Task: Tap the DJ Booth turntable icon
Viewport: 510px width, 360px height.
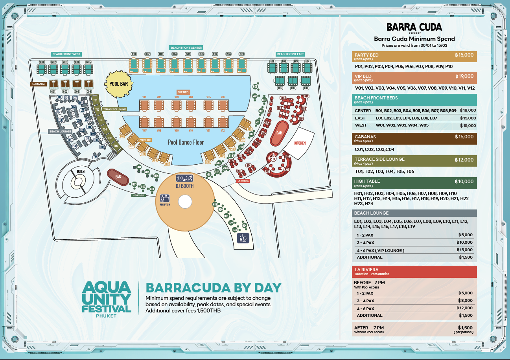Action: [184, 178]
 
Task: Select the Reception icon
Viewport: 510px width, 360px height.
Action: [164, 198]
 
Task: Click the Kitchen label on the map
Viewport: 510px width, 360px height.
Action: [300, 143]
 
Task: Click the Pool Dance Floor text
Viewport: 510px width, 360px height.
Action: [186, 142]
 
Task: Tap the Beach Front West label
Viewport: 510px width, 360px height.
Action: [66, 54]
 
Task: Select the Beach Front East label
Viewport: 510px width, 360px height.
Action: [290, 54]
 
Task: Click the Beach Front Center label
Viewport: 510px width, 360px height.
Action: [186, 48]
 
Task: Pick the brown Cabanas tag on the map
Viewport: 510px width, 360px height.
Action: [39, 84]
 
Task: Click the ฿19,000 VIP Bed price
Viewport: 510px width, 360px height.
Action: [464, 76]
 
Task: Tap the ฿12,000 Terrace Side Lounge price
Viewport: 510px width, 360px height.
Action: [464, 160]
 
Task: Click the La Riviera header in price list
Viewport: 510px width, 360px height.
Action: [367, 270]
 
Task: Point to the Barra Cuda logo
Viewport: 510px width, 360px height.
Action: [414, 28]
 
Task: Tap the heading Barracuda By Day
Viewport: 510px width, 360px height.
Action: [214, 287]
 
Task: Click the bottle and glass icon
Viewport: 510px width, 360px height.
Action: [243, 238]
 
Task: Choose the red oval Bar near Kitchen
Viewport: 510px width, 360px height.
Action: [279, 133]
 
